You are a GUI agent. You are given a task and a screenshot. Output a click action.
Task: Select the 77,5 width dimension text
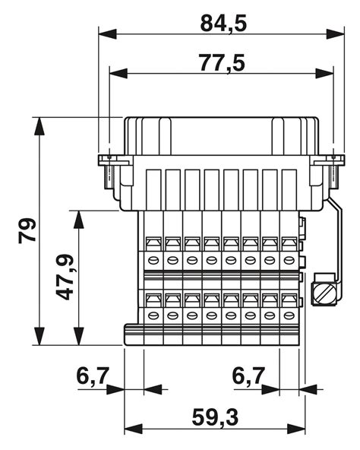pos(222,62)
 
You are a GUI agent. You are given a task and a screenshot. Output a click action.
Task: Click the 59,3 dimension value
pos(214,417)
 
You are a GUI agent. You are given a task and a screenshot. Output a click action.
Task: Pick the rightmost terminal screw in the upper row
pos(289,260)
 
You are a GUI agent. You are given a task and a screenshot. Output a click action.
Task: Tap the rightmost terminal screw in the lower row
pos(289,315)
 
